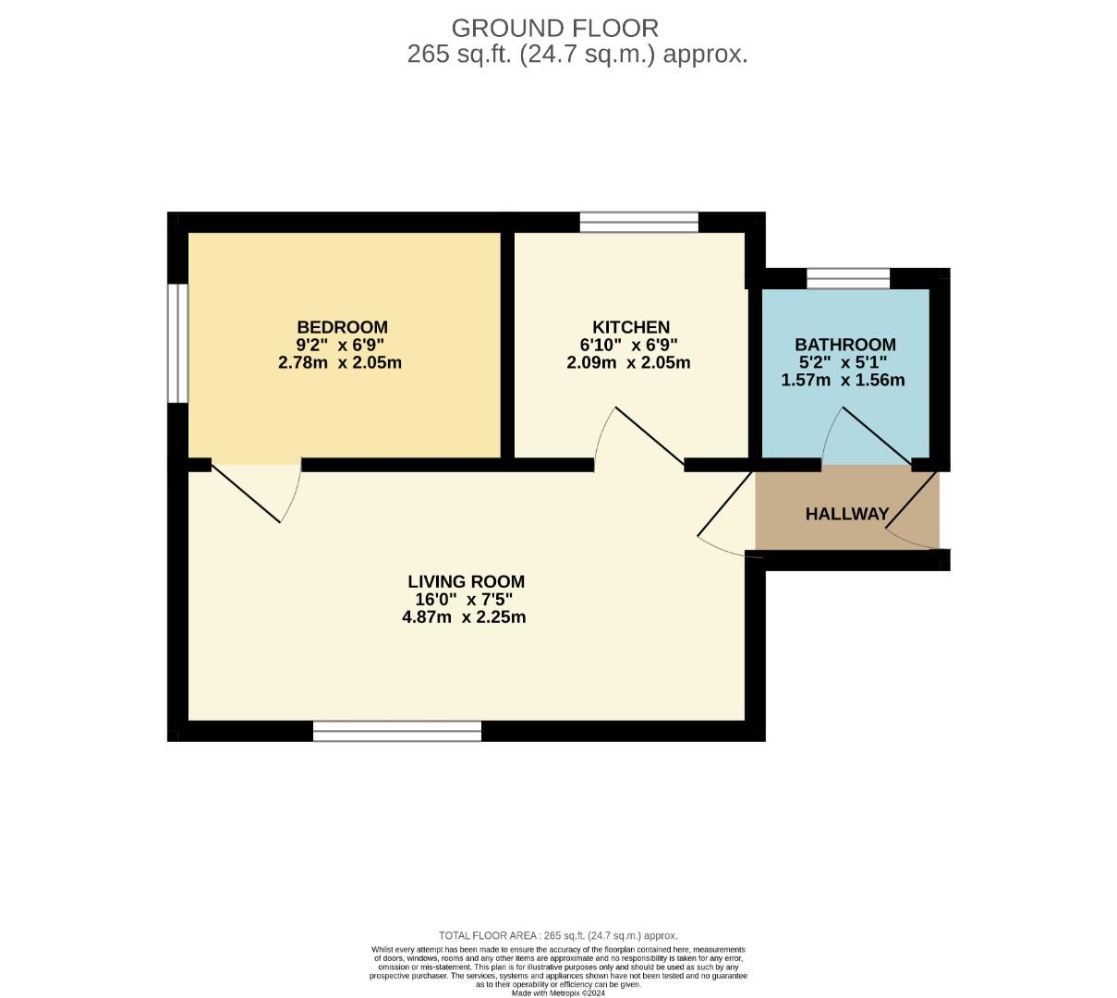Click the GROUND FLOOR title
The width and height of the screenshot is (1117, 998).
pyautogui.click(x=554, y=28)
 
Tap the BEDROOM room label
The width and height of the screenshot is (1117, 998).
pyautogui.click(x=342, y=327)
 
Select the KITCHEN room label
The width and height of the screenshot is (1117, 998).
pyautogui.click(x=630, y=327)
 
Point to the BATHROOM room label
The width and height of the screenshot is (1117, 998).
pyautogui.click(x=844, y=345)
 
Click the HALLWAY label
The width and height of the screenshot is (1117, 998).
pyautogui.click(x=846, y=514)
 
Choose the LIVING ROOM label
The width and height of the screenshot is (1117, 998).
pyautogui.click(x=466, y=581)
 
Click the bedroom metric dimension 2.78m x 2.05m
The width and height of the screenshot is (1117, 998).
pyautogui.click(x=340, y=362)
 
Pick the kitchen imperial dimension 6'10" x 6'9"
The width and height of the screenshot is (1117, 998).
pyautogui.click(x=629, y=345)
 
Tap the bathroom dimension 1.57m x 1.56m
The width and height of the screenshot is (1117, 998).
pyautogui.click(x=843, y=380)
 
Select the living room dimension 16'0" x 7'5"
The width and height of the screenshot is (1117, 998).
pyautogui.click(x=464, y=599)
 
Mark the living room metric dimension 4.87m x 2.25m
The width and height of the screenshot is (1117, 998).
pyautogui.click(x=464, y=617)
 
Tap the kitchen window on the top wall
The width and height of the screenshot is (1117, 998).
pyautogui.click(x=638, y=222)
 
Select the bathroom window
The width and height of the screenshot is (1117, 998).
pyautogui.click(x=847, y=278)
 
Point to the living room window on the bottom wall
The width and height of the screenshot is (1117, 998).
pyautogui.click(x=397, y=732)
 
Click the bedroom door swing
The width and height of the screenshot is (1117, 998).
pyautogui.click(x=254, y=494)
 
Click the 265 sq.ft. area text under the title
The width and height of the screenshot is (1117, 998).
pyautogui.click(x=577, y=55)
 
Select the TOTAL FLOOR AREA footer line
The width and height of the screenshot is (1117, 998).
pyautogui.click(x=558, y=935)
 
